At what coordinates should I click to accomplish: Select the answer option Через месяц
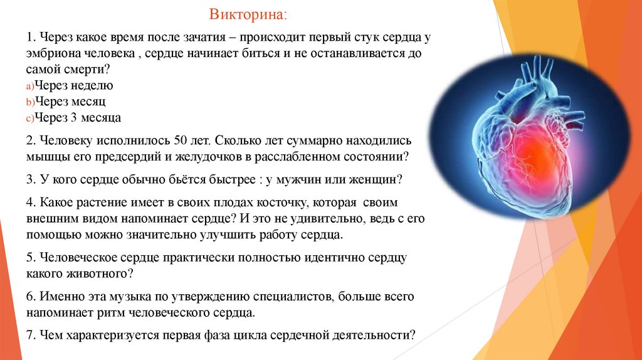point(70,101)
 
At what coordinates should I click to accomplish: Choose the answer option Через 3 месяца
point(77,117)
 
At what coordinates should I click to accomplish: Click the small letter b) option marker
point(30,102)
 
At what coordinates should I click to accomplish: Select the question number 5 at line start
point(30,258)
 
